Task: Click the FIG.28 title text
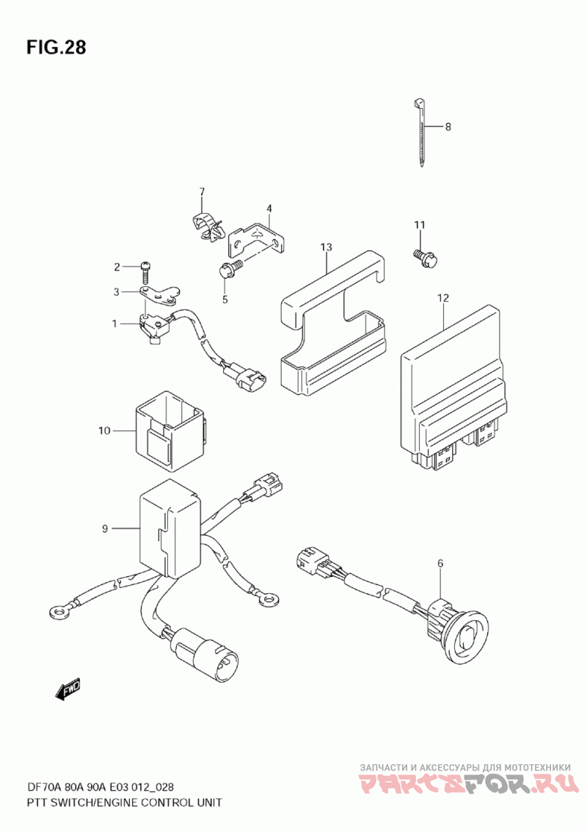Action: coord(56,48)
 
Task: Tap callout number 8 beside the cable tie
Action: coord(448,127)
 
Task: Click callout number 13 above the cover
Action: coord(326,248)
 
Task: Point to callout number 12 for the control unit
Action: coord(442,298)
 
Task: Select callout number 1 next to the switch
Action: coord(114,323)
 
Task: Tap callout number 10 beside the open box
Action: coord(103,430)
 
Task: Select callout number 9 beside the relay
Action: coord(105,528)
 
